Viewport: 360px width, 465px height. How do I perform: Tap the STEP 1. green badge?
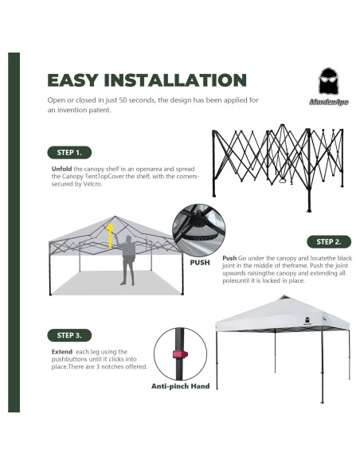(68, 151)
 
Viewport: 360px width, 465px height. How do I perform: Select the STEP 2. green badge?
(328, 241)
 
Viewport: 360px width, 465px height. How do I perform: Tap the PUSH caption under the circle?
(201, 262)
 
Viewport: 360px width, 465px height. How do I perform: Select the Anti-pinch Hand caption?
(180, 387)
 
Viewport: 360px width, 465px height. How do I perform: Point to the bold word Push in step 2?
(229, 259)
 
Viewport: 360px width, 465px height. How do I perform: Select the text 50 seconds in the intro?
(131, 101)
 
